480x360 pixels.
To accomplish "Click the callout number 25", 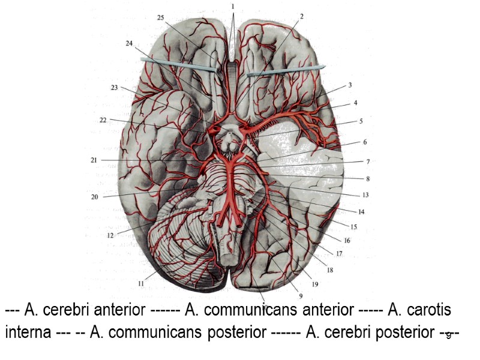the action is point(160,18).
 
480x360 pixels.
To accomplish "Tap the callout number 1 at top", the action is point(232,6).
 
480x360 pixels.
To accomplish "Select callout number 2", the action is point(301,17).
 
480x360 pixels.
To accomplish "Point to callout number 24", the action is point(129,44).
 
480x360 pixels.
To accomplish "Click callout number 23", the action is point(114,88).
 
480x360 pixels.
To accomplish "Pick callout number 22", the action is point(103,120).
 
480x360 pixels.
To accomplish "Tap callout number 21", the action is point(94,160).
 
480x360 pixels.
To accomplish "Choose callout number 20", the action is point(94,196).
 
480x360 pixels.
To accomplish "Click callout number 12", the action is point(110,236).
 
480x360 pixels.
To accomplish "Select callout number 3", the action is point(350,85).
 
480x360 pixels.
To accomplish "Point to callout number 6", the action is point(364,142).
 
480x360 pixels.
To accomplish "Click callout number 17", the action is point(339,254).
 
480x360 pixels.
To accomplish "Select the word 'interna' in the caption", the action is point(28,332).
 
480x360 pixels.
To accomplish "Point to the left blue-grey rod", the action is point(177,65).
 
